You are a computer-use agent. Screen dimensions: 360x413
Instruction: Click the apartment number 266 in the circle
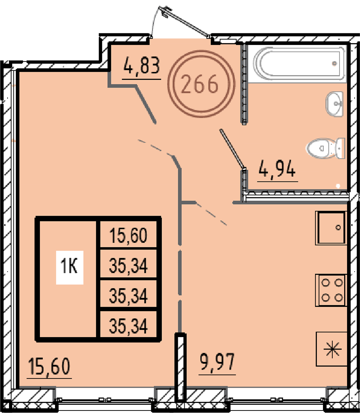200,84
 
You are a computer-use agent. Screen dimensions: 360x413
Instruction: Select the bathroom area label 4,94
277,169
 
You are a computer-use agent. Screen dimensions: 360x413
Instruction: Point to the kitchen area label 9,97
217,362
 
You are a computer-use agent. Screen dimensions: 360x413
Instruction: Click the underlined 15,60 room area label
49,367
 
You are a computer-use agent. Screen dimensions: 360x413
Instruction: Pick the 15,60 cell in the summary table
128,235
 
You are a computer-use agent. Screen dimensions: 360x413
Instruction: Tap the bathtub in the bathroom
299,63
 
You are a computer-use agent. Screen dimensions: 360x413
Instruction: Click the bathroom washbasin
334,104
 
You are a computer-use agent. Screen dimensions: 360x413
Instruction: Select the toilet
326,148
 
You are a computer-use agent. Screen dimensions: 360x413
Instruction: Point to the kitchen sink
331,228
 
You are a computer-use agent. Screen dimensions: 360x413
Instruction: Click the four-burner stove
331,290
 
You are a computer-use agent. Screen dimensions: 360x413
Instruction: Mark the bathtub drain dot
334,63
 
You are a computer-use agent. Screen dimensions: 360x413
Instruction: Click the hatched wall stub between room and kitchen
181,367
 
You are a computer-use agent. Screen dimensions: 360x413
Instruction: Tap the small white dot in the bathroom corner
338,186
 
